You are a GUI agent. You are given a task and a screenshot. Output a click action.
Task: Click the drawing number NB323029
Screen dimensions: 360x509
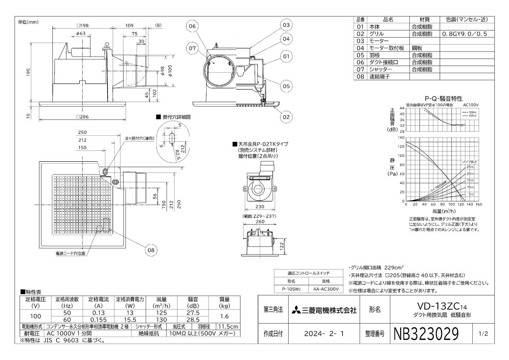click(427, 334)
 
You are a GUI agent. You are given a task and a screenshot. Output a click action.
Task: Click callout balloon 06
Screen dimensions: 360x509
click(192, 26)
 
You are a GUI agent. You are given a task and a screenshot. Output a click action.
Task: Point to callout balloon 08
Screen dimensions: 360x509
click(151, 250)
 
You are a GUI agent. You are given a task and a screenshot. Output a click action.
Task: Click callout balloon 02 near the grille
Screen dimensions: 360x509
click(286, 117)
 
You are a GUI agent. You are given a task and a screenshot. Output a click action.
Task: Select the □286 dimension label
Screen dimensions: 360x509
click(82, 117)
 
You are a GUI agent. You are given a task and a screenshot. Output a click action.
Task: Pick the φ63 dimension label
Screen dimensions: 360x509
click(81, 33)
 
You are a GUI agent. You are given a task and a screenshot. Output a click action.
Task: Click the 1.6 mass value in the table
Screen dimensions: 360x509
click(224, 316)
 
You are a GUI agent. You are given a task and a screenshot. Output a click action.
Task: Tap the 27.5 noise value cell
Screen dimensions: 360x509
click(193, 313)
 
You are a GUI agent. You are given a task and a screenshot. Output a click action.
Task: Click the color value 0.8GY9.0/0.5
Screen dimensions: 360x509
click(464, 34)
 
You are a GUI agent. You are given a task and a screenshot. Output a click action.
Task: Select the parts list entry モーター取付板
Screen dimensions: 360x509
click(386, 48)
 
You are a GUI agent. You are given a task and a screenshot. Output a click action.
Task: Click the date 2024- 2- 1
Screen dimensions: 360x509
click(324, 334)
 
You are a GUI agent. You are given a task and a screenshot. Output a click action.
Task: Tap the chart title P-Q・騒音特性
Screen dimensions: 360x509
click(444, 98)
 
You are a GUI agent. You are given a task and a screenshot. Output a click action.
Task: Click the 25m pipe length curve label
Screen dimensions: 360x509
click(470, 167)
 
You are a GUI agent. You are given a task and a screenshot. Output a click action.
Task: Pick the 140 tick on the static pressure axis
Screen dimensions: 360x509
click(401, 138)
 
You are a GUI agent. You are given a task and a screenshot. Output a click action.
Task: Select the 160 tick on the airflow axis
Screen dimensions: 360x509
click(478, 204)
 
